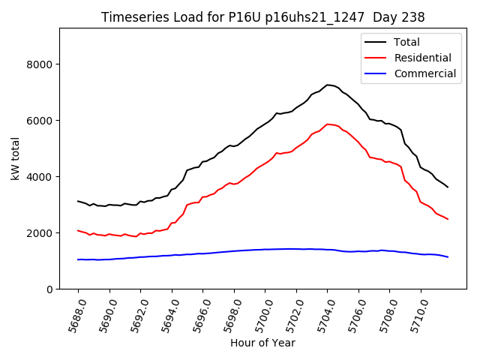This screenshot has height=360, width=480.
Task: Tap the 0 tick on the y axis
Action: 49,289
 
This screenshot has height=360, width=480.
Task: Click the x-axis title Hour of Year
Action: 262,343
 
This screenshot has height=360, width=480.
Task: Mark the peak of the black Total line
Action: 328,85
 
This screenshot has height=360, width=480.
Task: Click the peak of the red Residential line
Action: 328,124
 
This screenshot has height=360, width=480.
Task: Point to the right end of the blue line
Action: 448,257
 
